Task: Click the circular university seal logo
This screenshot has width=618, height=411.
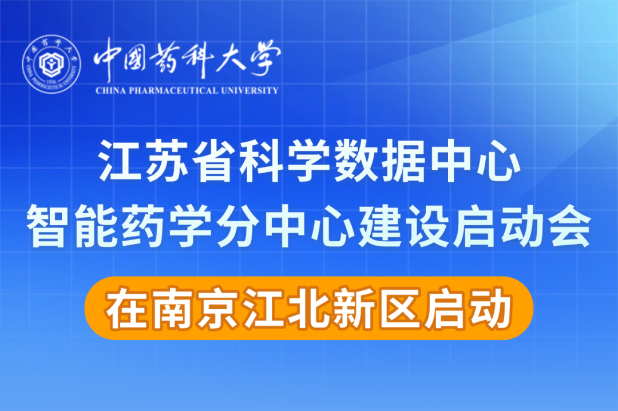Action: point(51,64)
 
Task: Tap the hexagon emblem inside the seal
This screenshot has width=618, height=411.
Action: point(51,63)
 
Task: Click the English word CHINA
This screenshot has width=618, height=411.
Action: point(111,90)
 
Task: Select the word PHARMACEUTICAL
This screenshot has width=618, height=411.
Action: point(174,90)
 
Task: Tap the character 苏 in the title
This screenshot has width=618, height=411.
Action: point(167,161)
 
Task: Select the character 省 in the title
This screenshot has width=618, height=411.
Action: point(214,161)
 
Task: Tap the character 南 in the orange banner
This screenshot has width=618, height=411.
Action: point(173,308)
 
